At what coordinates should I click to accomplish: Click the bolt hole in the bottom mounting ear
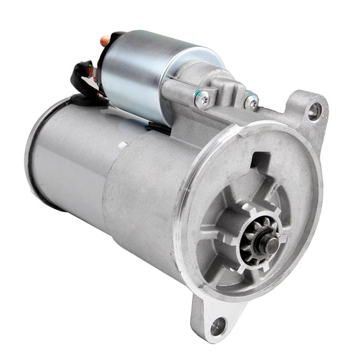click(x=218, y=325)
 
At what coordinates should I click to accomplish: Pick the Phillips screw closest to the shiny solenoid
click(x=202, y=98)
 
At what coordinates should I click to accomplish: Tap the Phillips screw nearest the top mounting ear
click(x=251, y=100)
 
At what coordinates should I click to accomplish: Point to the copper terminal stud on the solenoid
click(x=105, y=41)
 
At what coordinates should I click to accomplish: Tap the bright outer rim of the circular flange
click(x=187, y=250)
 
